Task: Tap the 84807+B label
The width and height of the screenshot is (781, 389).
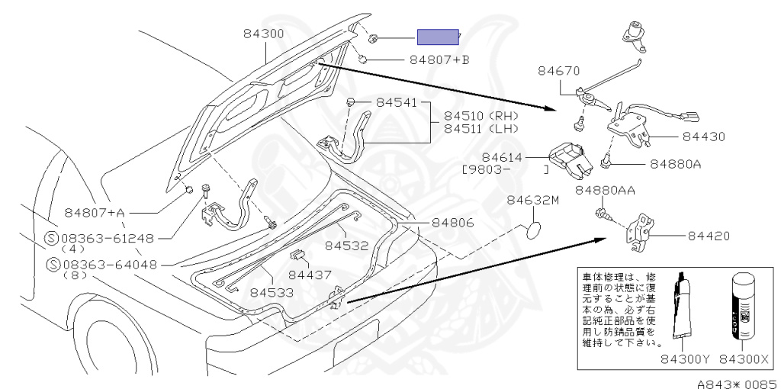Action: click(x=439, y=59)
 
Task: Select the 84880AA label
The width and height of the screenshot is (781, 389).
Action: click(x=606, y=190)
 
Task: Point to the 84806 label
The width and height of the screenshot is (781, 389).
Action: click(x=452, y=223)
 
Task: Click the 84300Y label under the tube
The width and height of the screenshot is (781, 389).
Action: click(x=684, y=358)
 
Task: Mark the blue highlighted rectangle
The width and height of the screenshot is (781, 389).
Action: click(x=437, y=37)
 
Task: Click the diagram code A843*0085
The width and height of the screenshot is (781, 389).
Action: click(x=736, y=382)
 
